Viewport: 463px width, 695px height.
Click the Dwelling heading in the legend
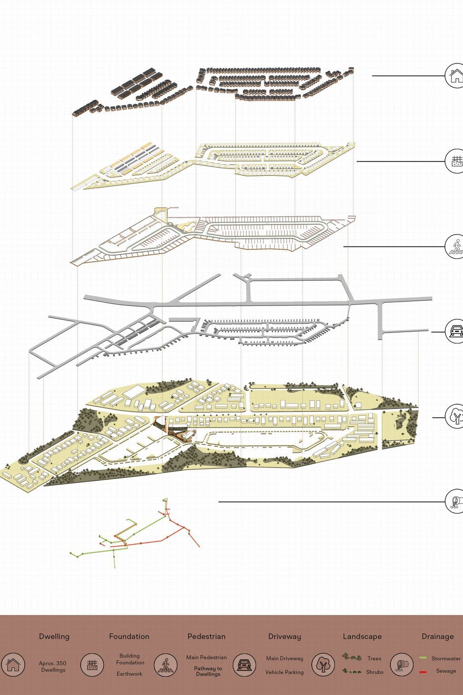(54, 636)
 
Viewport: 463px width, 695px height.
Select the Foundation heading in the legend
(129, 636)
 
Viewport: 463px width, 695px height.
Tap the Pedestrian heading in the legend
(206, 636)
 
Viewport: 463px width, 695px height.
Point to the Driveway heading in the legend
(284, 637)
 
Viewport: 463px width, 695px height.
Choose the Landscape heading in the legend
(362, 637)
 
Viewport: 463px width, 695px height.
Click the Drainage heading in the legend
(438, 637)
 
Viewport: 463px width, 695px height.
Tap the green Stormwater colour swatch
(423, 658)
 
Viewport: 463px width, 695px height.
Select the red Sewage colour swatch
(423, 672)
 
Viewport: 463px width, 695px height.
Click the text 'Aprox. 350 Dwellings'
(53, 666)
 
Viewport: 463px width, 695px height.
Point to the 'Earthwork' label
(129, 674)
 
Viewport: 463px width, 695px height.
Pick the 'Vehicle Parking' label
(284, 672)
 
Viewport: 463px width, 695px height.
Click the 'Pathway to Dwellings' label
(208, 671)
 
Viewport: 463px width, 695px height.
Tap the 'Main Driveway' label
(284, 658)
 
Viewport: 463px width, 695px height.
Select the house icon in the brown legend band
(13, 664)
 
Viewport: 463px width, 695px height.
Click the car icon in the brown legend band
(244, 664)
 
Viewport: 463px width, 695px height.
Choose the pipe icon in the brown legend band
(402, 664)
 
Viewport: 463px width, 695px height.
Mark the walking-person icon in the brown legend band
(166, 664)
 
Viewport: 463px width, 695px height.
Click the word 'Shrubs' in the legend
(374, 672)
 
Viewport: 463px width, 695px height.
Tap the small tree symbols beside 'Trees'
(352, 657)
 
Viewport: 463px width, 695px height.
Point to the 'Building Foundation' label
(130, 659)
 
